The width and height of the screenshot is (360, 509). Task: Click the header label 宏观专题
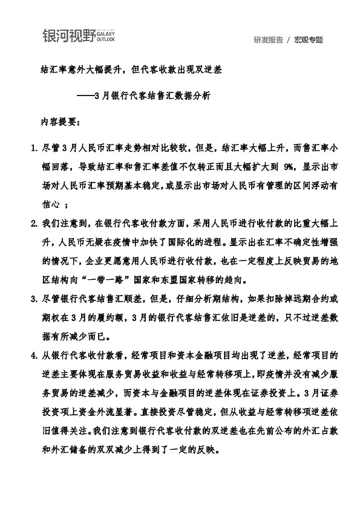[309, 40]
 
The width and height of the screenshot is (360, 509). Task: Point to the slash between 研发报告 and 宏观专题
[289, 40]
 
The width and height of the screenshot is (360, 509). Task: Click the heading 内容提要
[59, 121]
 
